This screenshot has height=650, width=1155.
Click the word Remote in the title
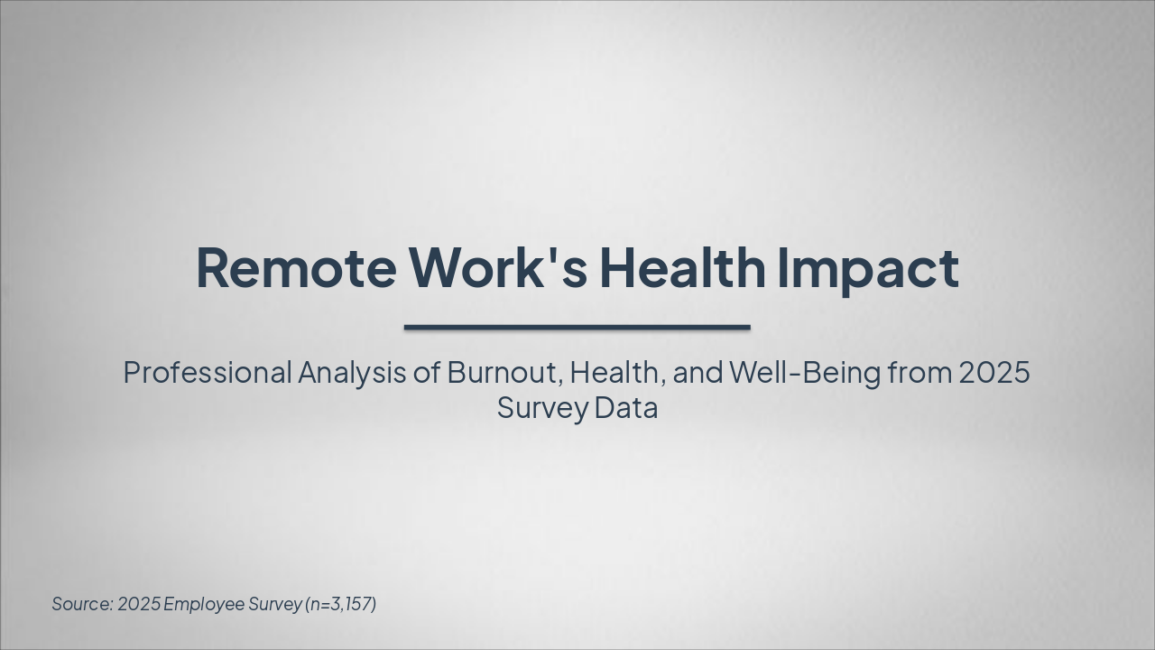(x=295, y=268)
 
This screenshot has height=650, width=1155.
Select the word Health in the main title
(x=682, y=268)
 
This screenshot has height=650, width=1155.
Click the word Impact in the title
(x=867, y=268)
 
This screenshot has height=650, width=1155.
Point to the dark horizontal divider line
(x=577, y=327)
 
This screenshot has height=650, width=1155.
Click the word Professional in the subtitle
(x=208, y=372)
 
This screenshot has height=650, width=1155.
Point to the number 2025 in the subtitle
(x=993, y=372)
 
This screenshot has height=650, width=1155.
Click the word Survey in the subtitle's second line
(x=542, y=408)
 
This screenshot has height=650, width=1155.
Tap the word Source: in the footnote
(x=81, y=604)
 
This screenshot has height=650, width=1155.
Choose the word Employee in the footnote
(x=203, y=604)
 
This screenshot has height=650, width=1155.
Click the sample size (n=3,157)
(x=341, y=604)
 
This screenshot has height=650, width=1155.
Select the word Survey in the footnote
(x=275, y=604)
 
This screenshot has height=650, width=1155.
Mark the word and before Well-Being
(x=698, y=372)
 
